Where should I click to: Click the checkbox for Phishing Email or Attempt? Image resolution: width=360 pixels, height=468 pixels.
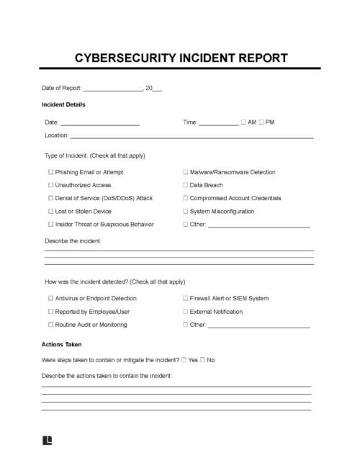pos(50,172)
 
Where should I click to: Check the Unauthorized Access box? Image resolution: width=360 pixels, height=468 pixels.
pos(50,185)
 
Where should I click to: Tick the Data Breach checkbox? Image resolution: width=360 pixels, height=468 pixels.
pos(185,185)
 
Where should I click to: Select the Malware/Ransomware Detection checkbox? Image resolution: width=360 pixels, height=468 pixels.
pos(185,172)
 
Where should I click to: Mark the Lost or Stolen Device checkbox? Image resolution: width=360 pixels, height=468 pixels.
pos(50,211)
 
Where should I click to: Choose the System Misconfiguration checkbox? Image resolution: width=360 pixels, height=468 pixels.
pos(185,211)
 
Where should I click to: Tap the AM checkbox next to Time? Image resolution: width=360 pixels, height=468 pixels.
pos(244,122)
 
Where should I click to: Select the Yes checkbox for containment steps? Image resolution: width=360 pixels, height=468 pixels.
pos(184,359)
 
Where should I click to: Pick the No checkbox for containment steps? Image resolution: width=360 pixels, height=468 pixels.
pos(203,359)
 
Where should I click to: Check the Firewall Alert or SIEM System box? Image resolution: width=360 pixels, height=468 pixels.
pos(185,297)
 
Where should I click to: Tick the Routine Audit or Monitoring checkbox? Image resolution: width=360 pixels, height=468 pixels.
pos(50,324)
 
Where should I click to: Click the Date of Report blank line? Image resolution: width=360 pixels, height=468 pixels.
pos(113,90)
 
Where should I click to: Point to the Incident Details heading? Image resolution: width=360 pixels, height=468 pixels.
pos(64,104)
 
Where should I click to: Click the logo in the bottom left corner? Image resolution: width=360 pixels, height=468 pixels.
pos(48,439)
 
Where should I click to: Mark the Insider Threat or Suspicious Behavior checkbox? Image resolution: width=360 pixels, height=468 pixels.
pos(50,224)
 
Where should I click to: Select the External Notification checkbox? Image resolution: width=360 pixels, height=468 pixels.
pos(185,311)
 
